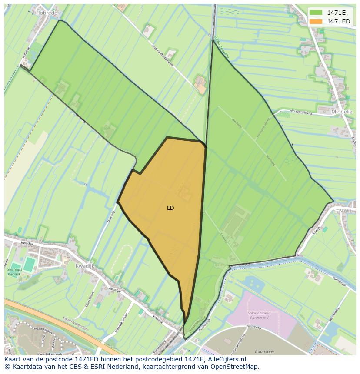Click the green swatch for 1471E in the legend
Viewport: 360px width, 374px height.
(x=316, y=12)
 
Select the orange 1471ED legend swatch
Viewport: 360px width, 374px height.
(x=316, y=21)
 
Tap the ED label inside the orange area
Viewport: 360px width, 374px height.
(x=170, y=208)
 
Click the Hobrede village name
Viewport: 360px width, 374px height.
(x=47, y=13)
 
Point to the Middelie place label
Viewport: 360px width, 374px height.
(x=342, y=112)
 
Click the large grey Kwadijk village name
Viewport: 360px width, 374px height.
(x=84, y=266)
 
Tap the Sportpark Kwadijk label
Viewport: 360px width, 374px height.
(x=13, y=272)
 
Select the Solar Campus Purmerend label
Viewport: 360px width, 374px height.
(x=258, y=315)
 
